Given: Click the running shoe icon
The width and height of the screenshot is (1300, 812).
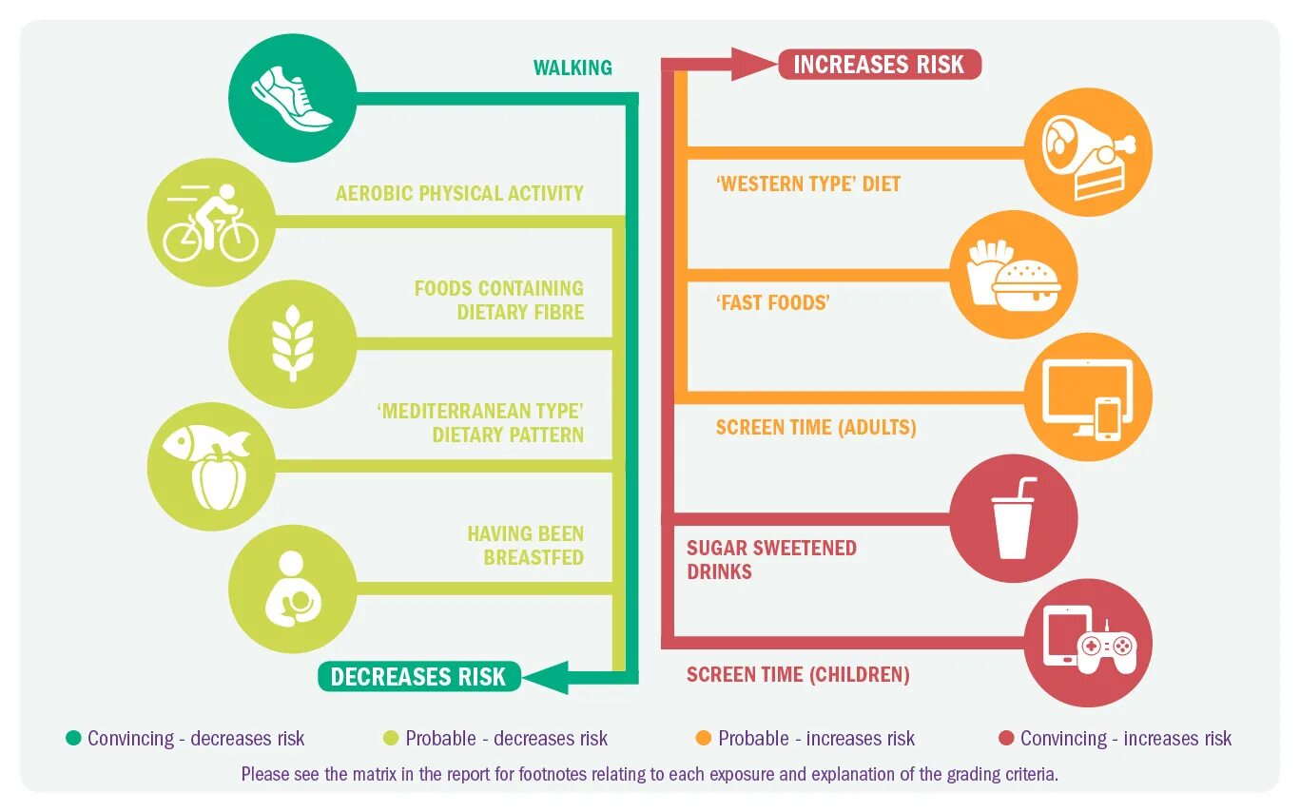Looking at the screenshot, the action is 292,97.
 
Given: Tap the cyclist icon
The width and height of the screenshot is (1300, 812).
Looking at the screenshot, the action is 211,222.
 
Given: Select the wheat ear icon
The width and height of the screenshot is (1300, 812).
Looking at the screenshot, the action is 292,343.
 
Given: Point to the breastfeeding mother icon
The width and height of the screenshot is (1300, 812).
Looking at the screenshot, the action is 292,589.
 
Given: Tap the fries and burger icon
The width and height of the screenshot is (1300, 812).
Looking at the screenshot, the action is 1014,275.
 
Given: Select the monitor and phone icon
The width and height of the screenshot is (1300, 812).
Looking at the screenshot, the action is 1089,397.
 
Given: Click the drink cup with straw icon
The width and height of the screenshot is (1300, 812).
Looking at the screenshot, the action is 1014,519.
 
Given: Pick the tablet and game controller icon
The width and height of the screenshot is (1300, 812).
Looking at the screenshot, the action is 1089,642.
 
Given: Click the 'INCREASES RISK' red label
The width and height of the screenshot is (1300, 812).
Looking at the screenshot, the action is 879,65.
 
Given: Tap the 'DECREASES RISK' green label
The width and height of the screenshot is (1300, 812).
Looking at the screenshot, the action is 418,676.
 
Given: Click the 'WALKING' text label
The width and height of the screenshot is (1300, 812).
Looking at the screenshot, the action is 572,68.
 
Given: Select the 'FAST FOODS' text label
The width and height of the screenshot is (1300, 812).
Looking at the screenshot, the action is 772,302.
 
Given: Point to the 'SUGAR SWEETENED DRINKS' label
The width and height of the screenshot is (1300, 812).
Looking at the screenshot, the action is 771,559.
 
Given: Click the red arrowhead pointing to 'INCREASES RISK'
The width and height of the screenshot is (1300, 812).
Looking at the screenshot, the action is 755,65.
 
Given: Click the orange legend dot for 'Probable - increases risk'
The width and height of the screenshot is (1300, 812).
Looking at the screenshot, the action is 704,738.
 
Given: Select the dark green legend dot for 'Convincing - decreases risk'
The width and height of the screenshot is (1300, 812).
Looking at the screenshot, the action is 73,738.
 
